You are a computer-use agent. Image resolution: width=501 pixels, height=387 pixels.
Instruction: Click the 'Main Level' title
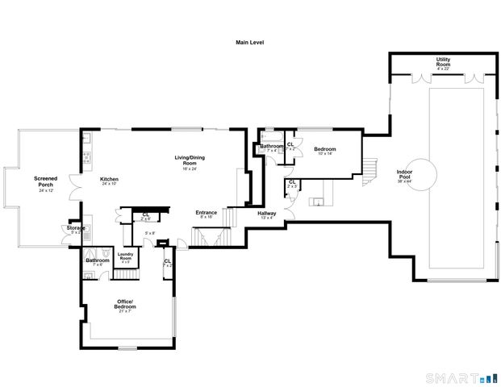249,42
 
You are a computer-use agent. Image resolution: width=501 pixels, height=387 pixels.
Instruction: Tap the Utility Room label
443,62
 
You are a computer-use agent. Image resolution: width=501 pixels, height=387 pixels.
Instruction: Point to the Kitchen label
109,179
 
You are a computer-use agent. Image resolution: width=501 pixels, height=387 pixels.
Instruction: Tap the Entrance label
207,213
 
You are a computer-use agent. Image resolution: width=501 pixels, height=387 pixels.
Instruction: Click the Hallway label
266,214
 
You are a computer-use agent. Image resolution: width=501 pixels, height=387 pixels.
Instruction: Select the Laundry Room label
125,256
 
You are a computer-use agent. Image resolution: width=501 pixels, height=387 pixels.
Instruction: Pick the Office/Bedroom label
124,304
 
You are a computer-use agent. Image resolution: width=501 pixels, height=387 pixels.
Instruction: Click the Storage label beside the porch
76,228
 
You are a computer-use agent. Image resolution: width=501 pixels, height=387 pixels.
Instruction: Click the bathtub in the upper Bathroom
268,139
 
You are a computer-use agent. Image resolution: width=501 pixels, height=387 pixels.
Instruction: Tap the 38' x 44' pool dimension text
405,181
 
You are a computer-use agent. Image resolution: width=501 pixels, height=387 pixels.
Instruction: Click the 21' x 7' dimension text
124,311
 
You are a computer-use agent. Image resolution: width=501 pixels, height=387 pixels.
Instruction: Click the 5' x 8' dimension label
150,233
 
